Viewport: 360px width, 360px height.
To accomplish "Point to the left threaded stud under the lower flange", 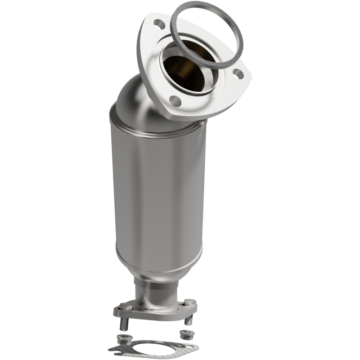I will (124, 324).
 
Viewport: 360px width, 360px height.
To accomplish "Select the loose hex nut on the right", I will (187, 334).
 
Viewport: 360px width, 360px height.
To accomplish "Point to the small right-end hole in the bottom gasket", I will (189, 346).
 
